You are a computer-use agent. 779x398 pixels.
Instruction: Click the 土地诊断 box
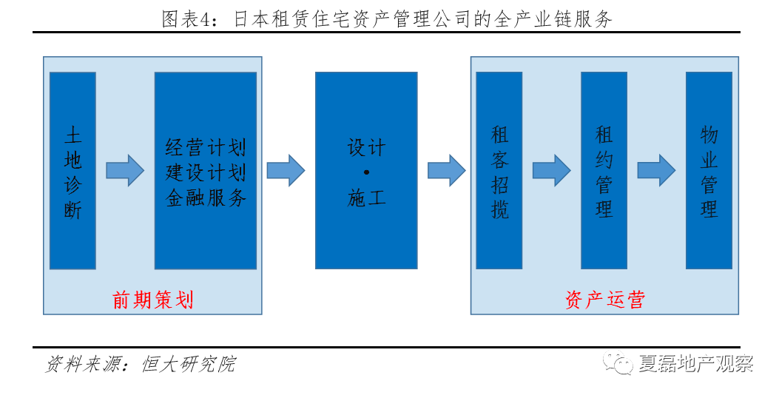pos(72,171)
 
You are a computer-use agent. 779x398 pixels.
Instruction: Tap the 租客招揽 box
pos(499,171)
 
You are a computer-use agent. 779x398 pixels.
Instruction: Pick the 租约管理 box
pos(604,171)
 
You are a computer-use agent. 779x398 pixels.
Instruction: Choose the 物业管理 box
pos(709,171)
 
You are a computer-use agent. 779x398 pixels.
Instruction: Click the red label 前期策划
pos(152,300)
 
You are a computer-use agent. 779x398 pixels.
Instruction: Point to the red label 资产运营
pos(604,300)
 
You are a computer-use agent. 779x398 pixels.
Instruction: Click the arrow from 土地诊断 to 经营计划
pos(124,171)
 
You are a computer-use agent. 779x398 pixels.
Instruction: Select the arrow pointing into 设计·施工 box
pos(286,171)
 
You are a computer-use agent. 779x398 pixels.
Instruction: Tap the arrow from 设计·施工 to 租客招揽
pos(446,171)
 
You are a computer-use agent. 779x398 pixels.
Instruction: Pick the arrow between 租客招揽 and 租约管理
pos(551,171)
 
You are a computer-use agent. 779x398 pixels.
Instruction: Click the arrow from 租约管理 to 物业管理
pos(656,171)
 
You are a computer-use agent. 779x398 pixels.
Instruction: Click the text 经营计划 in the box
pos(206,147)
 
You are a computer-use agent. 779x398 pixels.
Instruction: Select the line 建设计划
pos(206,172)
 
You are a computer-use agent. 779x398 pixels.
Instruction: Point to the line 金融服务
pos(206,198)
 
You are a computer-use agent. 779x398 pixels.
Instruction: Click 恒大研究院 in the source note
pos(188,364)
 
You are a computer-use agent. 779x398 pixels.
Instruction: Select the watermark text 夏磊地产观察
pos(695,364)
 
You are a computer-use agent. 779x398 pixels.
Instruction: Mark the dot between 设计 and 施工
pos(366,172)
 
